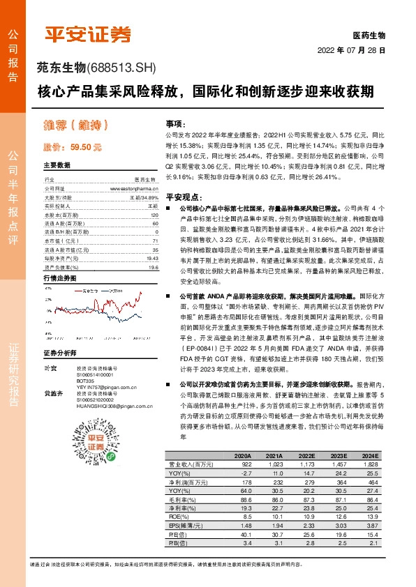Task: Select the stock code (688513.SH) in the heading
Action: point(124,68)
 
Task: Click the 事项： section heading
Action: point(175,122)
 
